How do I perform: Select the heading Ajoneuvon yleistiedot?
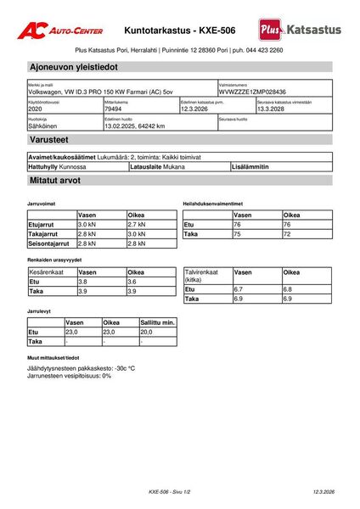coord(74,66)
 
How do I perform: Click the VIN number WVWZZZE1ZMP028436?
coord(252,92)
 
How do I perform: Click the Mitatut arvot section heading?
coord(58,182)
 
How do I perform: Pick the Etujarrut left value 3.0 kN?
coord(87,224)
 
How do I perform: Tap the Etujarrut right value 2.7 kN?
coord(137,224)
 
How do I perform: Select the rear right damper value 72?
coord(288,234)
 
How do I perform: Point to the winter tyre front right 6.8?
coord(288,289)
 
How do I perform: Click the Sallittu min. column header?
coord(157,322)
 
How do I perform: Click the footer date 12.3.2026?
coord(323,492)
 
